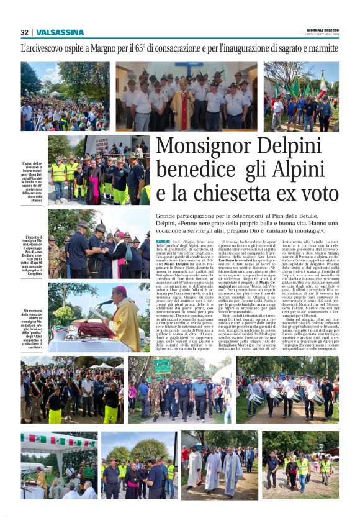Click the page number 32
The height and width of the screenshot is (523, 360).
(24, 32)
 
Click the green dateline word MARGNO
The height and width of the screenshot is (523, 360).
(163, 240)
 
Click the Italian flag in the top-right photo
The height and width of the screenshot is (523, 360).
(323, 84)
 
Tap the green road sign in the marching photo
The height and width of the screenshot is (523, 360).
(163, 366)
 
